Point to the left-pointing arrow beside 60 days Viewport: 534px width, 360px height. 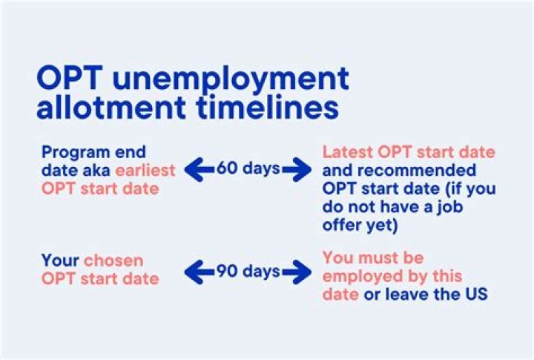tap(198, 168)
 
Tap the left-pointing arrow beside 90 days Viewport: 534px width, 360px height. tap(198, 272)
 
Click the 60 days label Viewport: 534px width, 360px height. tap(248, 168)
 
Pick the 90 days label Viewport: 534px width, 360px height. tap(248, 272)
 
